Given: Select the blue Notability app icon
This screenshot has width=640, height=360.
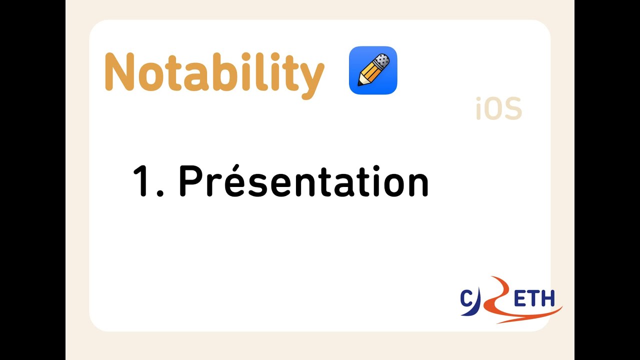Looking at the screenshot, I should click(372, 70).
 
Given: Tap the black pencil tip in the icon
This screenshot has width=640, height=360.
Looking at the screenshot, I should click(360, 83).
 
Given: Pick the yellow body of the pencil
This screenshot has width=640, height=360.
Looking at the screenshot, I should click(370, 73).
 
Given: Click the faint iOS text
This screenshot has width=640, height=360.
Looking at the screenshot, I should click(498, 109).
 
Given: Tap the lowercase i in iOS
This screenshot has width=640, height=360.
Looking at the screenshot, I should click(478, 109).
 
